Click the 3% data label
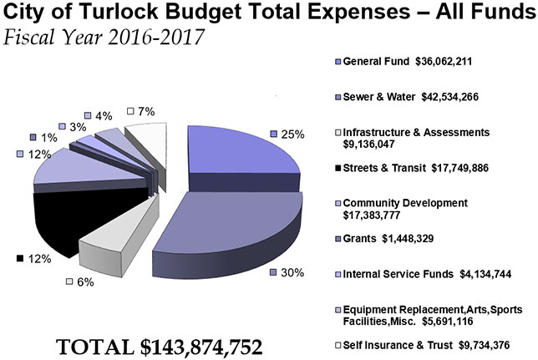(x=73, y=126)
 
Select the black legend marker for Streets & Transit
(x=337, y=168)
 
